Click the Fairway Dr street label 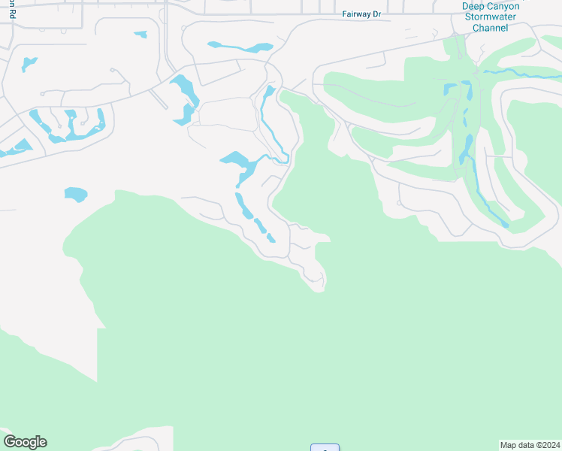pyautogui.click(x=361, y=14)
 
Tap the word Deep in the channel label pyautogui.click(x=475, y=6)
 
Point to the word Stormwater pyautogui.click(x=491, y=17)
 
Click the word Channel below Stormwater pyautogui.click(x=491, y=28)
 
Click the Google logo pyautogui.click(x=25, y=442)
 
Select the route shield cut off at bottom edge pyautogui.click(x=325, y=448)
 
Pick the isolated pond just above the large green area pyautogui.click(x=76, y=195)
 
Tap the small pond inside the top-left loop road pyautogui.click(x=140, y=34)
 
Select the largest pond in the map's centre pyautogui.click(x=239, y=161)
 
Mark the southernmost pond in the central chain pyautogui.click(x=271, y=238)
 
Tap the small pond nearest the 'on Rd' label pyautogui.click(x=29, y=63)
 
